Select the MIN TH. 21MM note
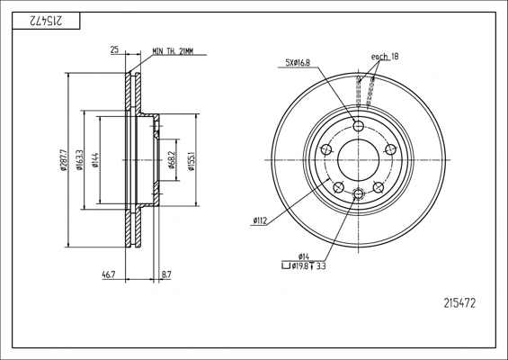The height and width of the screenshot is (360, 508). click(x=174, y=51)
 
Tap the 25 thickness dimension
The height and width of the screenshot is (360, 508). click(x=115, y=51)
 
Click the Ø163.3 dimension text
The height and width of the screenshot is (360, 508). click(x=80, y=159)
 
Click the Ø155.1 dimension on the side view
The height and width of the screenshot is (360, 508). click(x=192, y=159)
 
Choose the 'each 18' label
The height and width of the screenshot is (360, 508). click(x=384, y=57)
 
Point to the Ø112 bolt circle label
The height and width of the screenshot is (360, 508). click(x=262, y=220)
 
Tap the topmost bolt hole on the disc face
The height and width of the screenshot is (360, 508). click(x=359, y=126)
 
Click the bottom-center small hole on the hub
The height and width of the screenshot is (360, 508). click(x=359, y=193)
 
